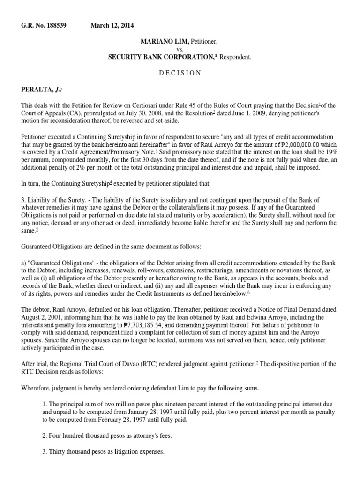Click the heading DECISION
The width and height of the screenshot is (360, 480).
pos(180,73)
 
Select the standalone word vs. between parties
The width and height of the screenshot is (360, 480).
pos(180,49)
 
